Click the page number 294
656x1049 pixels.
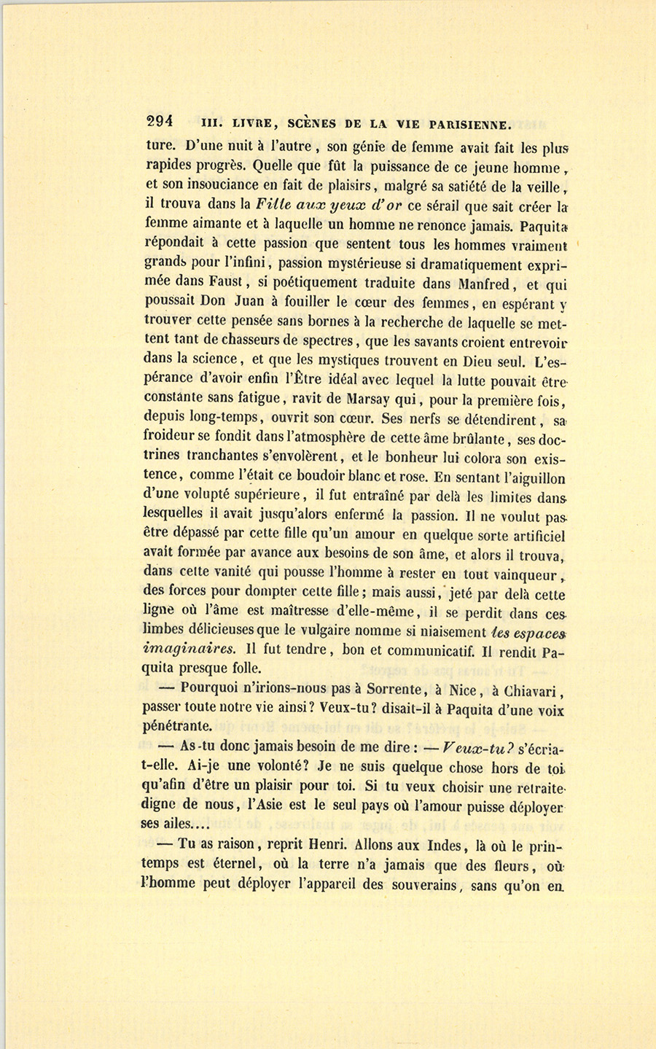pos(158,122)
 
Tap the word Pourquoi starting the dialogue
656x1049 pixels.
pos(216,689)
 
